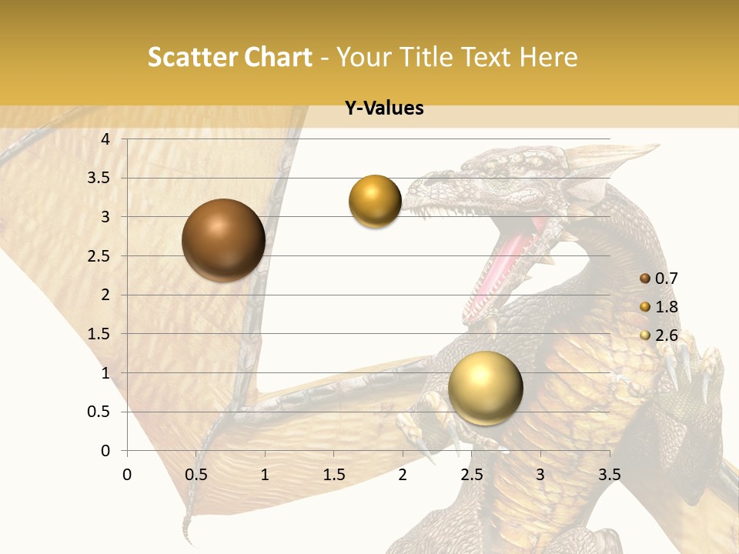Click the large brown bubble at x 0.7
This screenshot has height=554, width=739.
coord(223,240)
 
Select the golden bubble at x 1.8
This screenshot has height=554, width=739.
coord(375,202)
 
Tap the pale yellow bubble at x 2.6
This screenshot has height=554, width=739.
coord(485,388)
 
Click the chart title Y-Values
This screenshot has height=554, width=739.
coord(384,108)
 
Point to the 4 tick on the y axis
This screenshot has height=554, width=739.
coord(106,138)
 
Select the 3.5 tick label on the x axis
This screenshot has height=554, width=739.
coord(609,475)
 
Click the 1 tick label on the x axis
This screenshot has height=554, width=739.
coord(265,475)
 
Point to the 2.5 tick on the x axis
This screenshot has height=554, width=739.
coord(471,475)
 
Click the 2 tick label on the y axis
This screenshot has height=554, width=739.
coord(106,295)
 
